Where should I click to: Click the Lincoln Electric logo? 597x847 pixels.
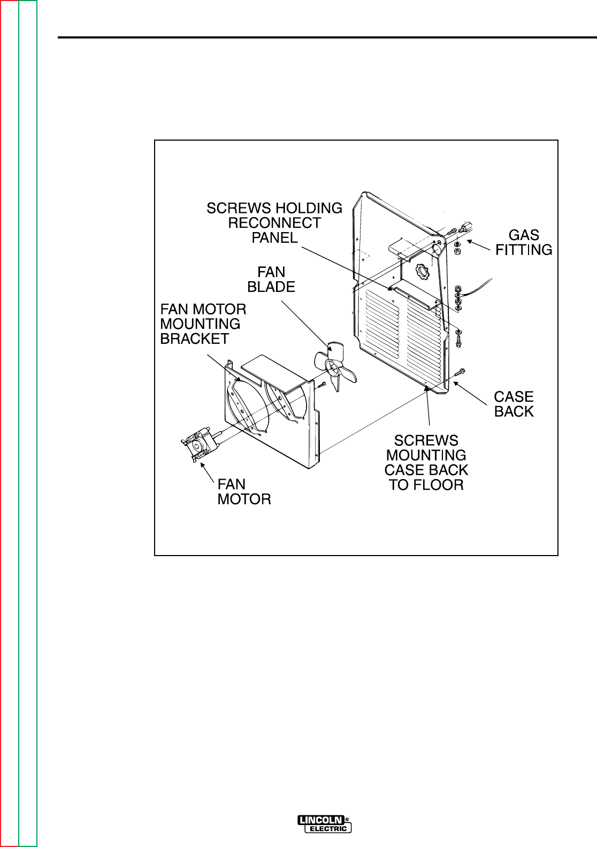325,824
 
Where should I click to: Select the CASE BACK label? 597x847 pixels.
514,404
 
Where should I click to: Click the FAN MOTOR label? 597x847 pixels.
244,491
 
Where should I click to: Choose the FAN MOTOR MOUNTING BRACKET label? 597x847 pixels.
204,324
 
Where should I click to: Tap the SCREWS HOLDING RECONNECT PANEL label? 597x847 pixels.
274,222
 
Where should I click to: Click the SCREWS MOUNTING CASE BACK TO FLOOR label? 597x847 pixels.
426,463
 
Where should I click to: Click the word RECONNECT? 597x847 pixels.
274,222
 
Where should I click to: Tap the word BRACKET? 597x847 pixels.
195,338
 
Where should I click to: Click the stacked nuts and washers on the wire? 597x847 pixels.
458,297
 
